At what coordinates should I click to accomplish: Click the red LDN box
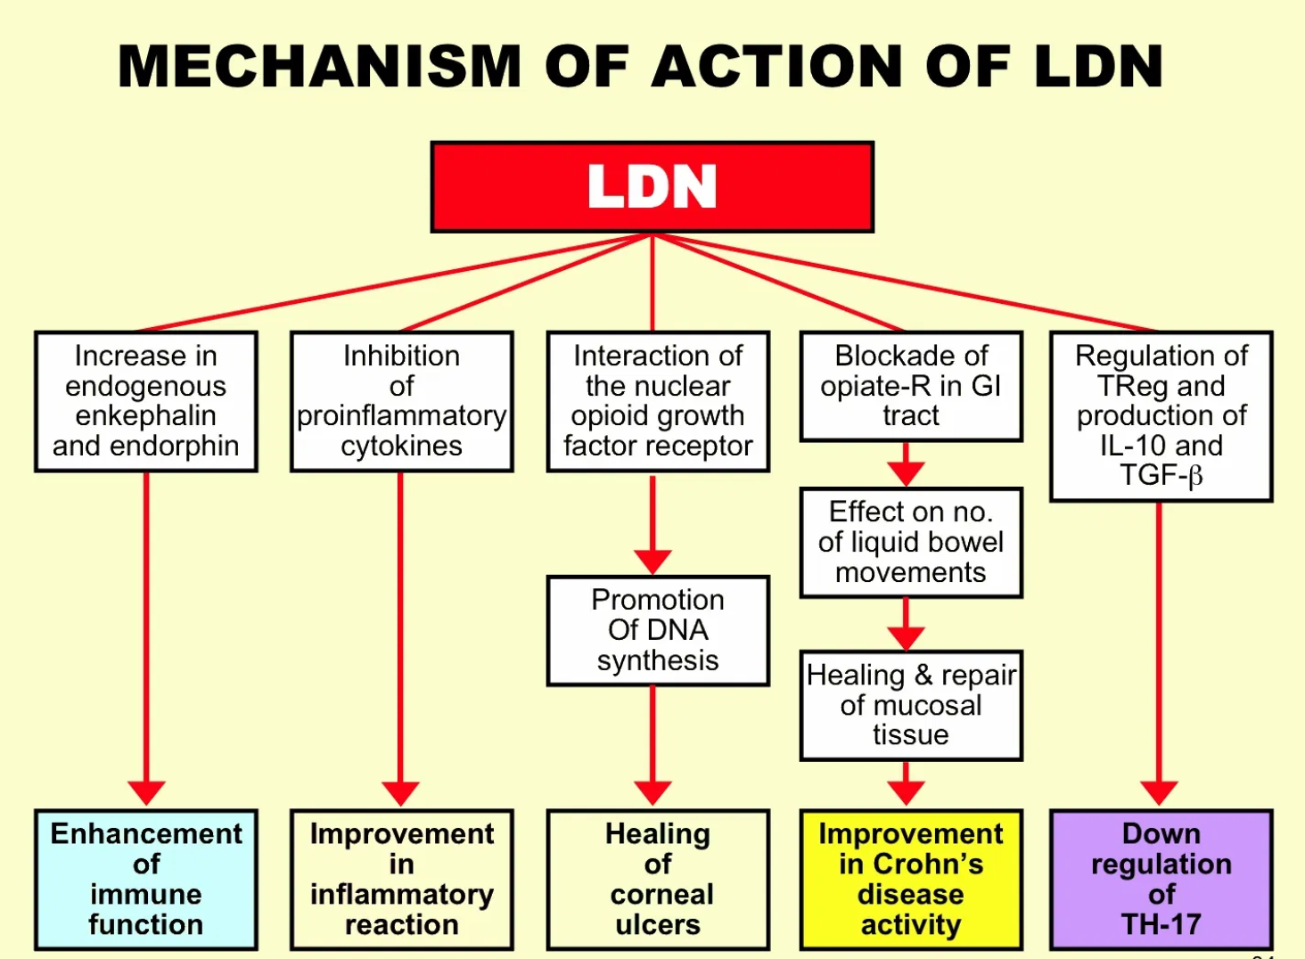(x=652, y=187)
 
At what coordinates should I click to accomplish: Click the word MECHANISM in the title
(x=318, y=67)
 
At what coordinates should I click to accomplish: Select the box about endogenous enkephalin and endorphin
(x=146, y=401)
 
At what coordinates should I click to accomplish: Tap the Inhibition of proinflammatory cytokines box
(x=401, y=401)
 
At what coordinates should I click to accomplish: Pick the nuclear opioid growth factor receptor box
(x=658, y=401)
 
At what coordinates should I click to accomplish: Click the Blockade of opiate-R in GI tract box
(x=911, y=386)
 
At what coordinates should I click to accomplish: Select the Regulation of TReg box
(x=1161, y=415)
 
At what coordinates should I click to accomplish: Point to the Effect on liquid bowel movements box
(x=911, y=542)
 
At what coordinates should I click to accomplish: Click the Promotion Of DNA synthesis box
(x=658, y=630)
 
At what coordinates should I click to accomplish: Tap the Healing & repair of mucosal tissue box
(x=911, y=705)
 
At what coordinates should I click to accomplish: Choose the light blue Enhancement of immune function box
(x=146, y=879)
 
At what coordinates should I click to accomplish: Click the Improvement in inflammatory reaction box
(x=401, y=879)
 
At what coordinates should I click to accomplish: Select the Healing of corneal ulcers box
(x=658, y=879)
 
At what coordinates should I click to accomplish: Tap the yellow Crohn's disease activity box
(x=911, y=879)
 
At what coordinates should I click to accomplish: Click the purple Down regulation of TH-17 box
(x=1161, y=879)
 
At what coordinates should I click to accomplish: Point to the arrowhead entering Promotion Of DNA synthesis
(x=652, y=562)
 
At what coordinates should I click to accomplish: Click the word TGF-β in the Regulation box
(x=1161, y=476)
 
